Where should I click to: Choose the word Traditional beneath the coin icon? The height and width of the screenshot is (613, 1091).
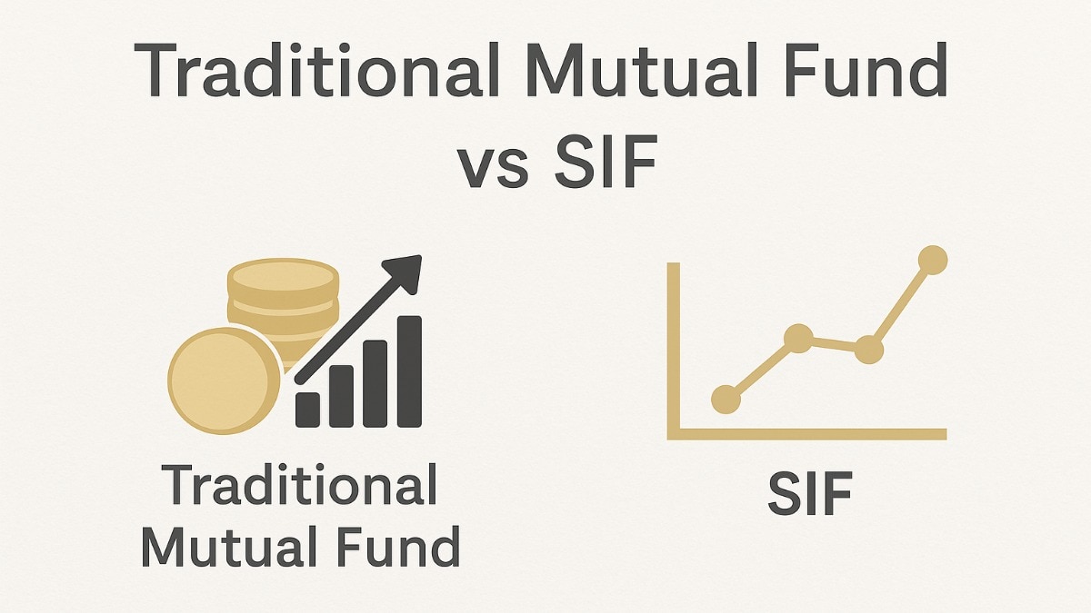coord(301,486)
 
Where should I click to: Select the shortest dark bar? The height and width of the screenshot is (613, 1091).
coord(308,410)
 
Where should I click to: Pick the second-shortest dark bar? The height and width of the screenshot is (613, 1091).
coord(342,396)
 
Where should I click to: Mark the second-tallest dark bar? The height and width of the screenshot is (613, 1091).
coord(375,383)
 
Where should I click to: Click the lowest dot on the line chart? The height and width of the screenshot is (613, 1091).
coord(726,398)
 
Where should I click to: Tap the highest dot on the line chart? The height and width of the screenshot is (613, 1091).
coord(932,261)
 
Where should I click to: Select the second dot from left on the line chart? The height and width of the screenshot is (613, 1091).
coord(798,339)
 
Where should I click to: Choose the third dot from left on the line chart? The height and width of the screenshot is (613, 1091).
coord(869,348)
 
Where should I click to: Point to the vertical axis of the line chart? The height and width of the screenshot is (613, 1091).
coord(674,345)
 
